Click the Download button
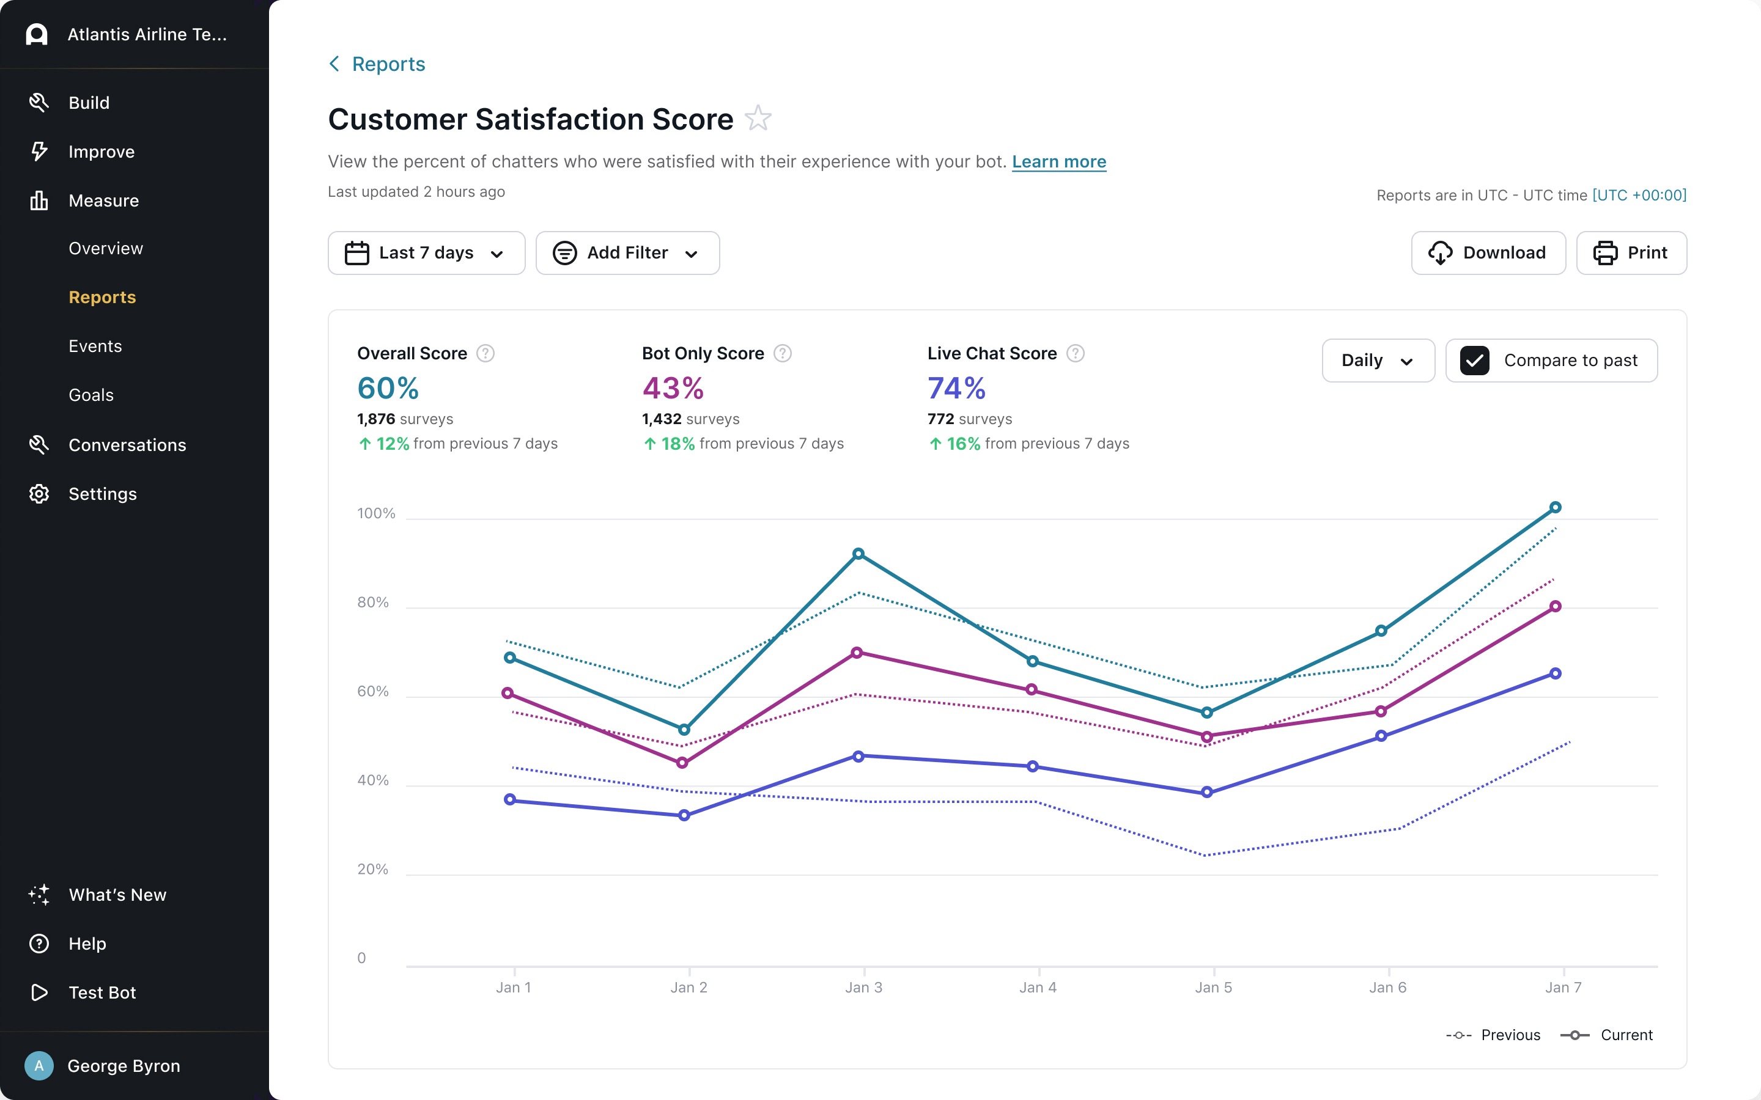point(1488,252)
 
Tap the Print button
point(1631,252)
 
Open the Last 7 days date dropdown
point(426,252)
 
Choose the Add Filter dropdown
point(627,252)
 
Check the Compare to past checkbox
point(1474,360)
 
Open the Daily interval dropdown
point(1378,360)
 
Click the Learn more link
point(1059,161)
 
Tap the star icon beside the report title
point(758,118)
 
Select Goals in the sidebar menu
point(91,395)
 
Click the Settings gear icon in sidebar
point(39,494)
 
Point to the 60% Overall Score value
point(388,388)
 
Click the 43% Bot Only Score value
point(673,388)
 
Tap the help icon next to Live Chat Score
point(1075,354)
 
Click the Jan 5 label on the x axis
point(1213,987)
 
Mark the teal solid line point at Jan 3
point(858,554)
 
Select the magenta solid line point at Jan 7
point(1555,606)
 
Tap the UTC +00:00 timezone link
point(1639,195)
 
